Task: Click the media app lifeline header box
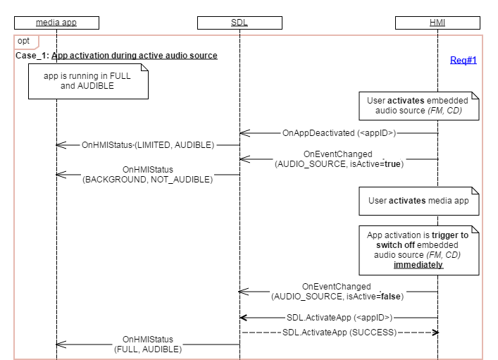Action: pos(56,23)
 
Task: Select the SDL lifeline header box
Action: pos(239,23)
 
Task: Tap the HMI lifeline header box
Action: pos(438,23)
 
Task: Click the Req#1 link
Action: pos(463,61)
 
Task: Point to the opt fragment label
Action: pos(23,42)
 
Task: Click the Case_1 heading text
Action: pos(116,56)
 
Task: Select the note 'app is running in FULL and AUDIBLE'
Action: pos(88,81)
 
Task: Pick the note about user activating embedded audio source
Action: pos(419,106)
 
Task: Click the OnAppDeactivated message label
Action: pos(339,132)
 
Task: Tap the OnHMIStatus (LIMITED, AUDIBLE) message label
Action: pos(147,144)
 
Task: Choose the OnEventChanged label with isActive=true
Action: pos(338,159)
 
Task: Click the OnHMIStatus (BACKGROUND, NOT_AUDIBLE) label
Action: pos(148,175)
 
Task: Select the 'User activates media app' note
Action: pos(419,201)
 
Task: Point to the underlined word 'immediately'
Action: pos(419,266)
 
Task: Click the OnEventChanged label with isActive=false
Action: pos(338,292)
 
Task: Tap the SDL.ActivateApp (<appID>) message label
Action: pos(340,318)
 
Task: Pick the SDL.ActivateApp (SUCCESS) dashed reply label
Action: pos(340,332)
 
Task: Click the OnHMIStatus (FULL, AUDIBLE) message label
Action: pos(148,344)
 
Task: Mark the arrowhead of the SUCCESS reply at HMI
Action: pos(436,332)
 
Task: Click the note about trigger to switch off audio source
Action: pos(419,249)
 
